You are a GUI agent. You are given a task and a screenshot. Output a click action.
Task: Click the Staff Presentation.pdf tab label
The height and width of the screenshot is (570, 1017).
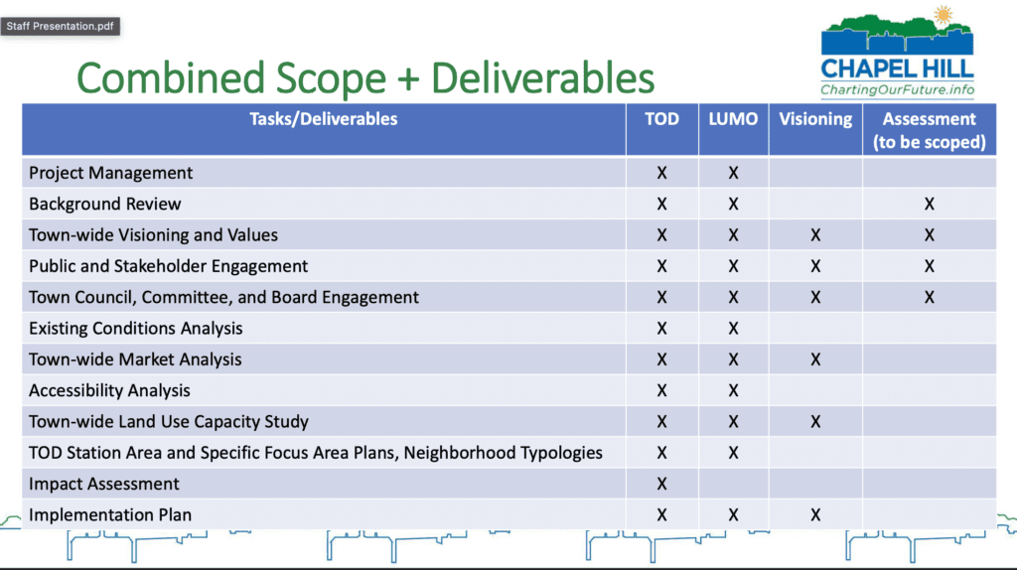pyautogui.click(x=60, y=26)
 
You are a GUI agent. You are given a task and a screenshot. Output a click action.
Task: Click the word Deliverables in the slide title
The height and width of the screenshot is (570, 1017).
pyautogui.click(x=542, y=77)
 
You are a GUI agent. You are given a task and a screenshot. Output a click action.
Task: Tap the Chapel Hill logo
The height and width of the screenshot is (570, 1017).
pyautogui.click(x=897, y=52)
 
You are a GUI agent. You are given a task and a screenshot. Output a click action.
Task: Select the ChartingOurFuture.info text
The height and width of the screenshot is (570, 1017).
pyautogui.click(x=897, y=89)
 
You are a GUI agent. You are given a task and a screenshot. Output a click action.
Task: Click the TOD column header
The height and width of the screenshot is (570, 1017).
pyautogui.click(x=661, y=119)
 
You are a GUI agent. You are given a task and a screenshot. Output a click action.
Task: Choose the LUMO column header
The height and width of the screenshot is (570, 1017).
pyautogui.click(x=733, y=119)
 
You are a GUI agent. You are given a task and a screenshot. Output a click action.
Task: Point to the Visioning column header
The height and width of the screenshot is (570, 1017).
pyautogui.click(x=815, y=119)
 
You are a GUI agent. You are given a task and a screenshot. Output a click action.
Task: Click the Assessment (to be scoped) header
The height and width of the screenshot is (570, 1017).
pyautogui.click(x=929, y=130)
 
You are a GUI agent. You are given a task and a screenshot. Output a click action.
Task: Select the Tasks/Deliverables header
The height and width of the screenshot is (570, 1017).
pyautogui.click(x=323, y=119)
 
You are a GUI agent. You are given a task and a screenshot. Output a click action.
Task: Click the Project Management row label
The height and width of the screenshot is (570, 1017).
pyautogui.click(x=111, y=173)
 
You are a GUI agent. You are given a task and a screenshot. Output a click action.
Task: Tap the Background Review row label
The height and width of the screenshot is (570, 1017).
pyautogui.click(x=105, y=205)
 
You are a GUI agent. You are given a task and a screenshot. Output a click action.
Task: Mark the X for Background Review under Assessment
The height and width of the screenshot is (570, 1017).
pyautogui.click(x=929, y=205)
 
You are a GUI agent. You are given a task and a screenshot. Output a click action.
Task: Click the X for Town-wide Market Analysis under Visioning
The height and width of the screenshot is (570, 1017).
pyautogui.click(x=815, y=359)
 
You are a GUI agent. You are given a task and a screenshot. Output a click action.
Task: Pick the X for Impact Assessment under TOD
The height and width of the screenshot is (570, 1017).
pyautogui.click(x=661, y=485)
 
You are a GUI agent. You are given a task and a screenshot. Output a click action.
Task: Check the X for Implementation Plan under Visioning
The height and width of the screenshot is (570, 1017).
pyautogui.click(x=815, y=515)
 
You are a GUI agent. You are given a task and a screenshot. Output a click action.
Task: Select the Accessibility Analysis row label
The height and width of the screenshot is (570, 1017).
pyautogui.click(x=109, y=391)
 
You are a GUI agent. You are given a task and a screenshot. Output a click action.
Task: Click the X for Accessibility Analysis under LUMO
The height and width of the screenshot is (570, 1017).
pyautogui.click(x=733, y=391)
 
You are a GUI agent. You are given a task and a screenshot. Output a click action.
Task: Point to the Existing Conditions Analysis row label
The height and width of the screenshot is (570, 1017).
pyautogui.click(x=135, y=329)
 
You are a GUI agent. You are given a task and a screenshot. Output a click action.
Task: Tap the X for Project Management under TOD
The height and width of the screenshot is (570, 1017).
pyautogui.click(x=661, y=173)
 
